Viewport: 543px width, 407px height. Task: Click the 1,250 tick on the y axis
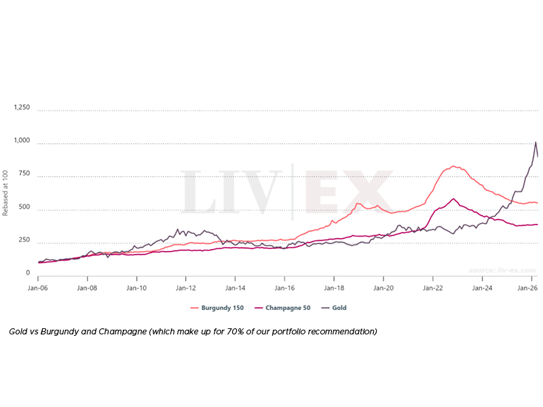click(22, 107)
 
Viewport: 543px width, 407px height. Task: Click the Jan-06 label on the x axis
click(38, 288)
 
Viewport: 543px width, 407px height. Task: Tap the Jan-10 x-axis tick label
click(136, 288)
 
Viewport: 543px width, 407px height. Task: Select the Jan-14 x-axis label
click(236, 288)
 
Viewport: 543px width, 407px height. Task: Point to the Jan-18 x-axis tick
click(334, 288)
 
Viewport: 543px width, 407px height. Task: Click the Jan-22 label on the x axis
click(433, 288)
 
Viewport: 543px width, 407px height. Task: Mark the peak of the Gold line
click(536, 142)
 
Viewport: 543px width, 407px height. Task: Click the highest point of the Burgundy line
click(453, 166)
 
